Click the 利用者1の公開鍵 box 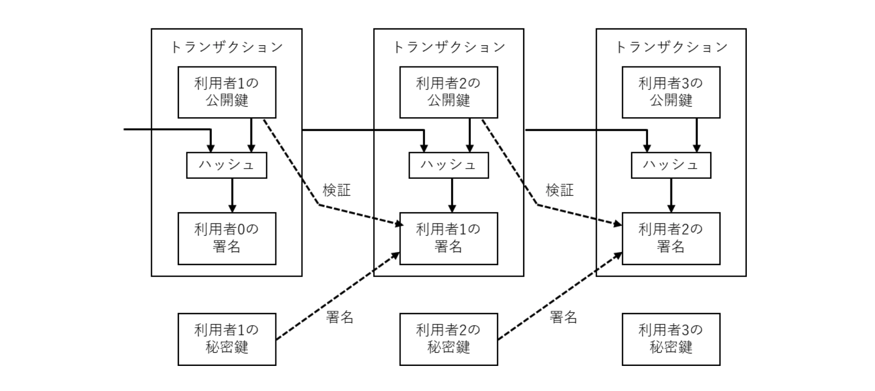tap(226, 92)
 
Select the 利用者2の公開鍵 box tap(448, 92)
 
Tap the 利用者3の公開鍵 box tap(670, 92)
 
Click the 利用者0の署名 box tap(226, 238)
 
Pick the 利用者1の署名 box tap(448, 238)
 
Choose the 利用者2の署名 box tap(670, 238)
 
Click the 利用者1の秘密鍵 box tap(226, 339)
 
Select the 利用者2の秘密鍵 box tap(448, 339)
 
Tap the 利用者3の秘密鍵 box tap(670, 339)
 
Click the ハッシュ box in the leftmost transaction tap(226, 165)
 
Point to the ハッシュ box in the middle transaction tap(448, 165)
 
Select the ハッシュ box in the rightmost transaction tap(670, 165)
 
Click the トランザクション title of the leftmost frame tap(226, 47)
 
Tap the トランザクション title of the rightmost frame tap(670, 47)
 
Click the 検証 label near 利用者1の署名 tap(337, 190)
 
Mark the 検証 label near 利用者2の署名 tap(560, 190)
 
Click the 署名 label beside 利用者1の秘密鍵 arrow tap(339, 317)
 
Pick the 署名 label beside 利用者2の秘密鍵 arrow tap(563, 317)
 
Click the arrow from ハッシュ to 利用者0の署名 tap(232, 195)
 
